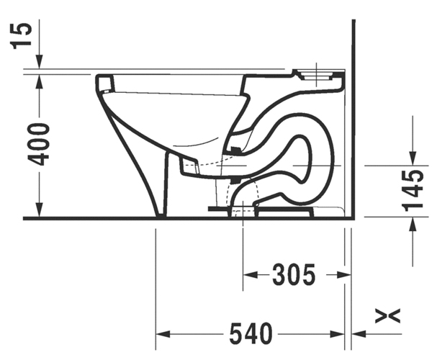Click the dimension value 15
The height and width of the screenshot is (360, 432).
coord(21,36)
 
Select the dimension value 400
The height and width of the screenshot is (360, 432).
coord(39,145)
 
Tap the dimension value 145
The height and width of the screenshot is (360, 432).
coord(413,191)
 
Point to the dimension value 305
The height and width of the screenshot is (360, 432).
coord(294,274)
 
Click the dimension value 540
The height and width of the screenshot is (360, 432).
coord(251,334)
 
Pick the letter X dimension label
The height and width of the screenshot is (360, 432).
coord(387,316)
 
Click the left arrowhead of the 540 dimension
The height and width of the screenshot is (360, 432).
coord(163,334)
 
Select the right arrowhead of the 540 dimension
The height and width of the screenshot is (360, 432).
coord(337,334)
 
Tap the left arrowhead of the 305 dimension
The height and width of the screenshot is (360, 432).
coord(250,274)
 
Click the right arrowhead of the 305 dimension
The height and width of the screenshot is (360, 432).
coord(343,274)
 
